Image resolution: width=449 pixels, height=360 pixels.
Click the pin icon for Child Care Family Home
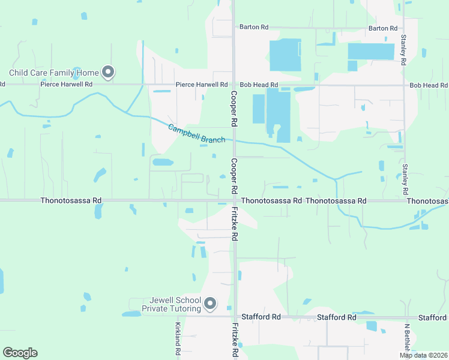(108, 72)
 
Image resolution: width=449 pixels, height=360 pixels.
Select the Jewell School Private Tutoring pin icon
(210, 304)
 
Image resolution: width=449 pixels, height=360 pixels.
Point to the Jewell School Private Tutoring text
(172, 304)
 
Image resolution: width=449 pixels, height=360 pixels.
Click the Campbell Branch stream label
(196, 133)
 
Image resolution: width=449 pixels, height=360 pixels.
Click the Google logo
(20, 353)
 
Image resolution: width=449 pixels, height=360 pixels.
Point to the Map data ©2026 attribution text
(423, 355)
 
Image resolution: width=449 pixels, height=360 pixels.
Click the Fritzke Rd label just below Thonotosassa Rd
(236, 223)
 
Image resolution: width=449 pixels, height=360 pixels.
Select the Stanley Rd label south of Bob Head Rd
(405, 178)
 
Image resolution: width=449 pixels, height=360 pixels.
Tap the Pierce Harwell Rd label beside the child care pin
(67, 85)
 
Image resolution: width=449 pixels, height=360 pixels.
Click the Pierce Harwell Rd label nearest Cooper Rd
(202, 85)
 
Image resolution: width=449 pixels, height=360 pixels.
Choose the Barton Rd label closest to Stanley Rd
(383, 28)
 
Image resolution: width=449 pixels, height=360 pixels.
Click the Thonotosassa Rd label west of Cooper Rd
(71, 200)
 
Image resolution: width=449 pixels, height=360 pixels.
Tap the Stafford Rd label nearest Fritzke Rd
(261, 317)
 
